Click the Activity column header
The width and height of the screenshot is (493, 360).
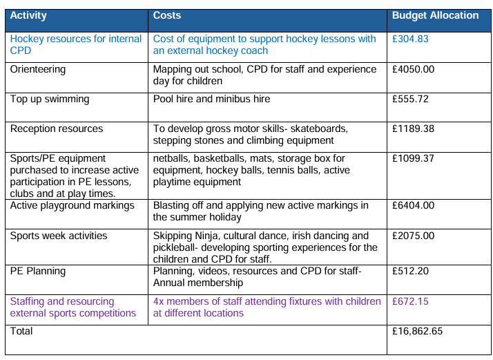click(28, 15)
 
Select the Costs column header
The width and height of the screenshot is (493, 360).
click(167, 15)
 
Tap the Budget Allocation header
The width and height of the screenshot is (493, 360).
click(435, 15)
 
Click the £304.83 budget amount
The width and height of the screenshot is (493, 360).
click(410, 39)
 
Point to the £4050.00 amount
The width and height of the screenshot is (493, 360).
click(413, 69)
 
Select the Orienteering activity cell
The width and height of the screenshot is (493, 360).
click(38, 70)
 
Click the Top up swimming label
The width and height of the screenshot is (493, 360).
click(50, 100)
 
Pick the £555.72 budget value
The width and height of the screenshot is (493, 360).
click(410, 99)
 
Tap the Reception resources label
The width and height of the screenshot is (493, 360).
click(57, 129)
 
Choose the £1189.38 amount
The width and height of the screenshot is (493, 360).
click(413, 129)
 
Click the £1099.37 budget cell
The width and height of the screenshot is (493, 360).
click(413, 158)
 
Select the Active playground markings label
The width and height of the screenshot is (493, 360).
click(72, 206)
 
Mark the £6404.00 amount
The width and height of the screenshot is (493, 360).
click(413, 205)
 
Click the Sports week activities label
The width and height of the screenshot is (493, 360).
click(59, 236)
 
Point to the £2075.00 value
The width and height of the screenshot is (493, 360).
click(413, 236)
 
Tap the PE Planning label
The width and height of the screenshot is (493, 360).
click(38, 272)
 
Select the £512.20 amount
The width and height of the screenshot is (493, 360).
click(410, 271)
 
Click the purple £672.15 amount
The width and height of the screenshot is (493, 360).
click(410, 301)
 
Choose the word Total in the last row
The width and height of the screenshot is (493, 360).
click(21, 331)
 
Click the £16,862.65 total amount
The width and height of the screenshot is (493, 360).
click(417, 332)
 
